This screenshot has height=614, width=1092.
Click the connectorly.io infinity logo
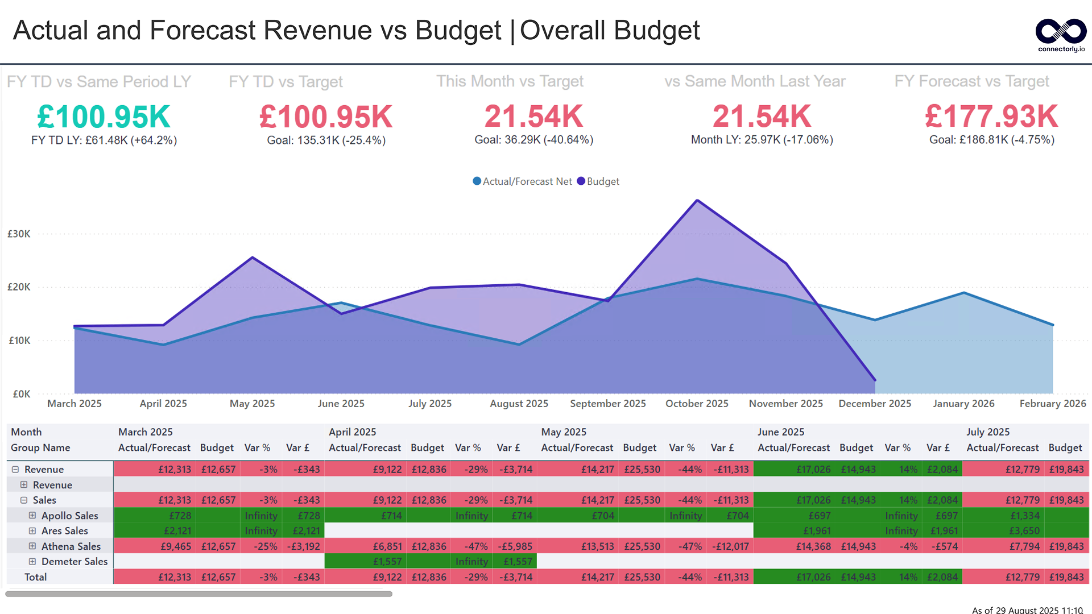1061,32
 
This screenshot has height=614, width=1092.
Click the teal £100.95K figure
104,117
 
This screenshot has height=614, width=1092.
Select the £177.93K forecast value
991,117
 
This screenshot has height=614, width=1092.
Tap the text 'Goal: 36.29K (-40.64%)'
533,140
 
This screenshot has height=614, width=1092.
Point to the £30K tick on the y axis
19,234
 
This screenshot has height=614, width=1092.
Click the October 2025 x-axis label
697,404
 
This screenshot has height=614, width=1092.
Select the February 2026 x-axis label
1052,404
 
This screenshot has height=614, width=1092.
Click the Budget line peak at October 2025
697,200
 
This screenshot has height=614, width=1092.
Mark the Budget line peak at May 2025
253,258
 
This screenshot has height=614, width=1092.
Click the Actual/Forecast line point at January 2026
963,293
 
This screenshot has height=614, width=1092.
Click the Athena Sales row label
71,546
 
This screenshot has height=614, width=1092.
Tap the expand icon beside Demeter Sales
32,562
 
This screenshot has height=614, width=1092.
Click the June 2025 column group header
780,432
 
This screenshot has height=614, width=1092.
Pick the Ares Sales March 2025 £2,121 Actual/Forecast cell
177,531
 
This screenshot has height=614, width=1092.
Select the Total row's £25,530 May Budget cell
642,577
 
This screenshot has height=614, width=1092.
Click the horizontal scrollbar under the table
198,594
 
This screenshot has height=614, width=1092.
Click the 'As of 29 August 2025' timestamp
1027,610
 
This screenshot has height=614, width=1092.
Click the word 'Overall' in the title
562,31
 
